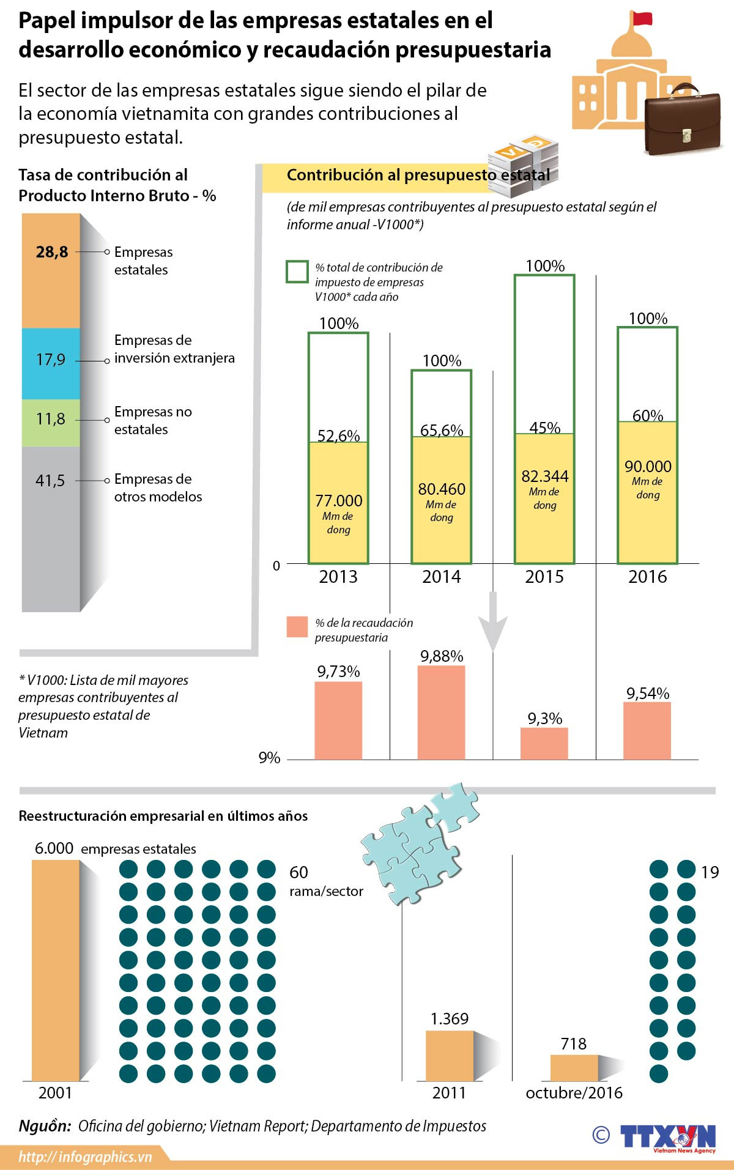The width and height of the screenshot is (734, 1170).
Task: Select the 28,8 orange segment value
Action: click(52, 252)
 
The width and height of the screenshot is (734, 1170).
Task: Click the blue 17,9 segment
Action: click(51, 363)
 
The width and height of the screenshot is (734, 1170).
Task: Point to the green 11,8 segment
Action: click(51, 422)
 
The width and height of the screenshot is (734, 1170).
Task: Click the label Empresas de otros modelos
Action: click(158, 487)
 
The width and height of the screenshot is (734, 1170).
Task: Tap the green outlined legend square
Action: click(297, 272)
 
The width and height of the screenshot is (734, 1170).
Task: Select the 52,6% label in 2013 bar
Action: click(338, 435)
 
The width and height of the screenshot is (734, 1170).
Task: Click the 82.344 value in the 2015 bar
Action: click(544, 476)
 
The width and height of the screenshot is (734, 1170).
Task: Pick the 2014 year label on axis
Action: click(441, 577)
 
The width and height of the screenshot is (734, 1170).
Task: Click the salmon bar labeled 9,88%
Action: click(441, 713)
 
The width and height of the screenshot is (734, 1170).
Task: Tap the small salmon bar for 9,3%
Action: click(544, 743)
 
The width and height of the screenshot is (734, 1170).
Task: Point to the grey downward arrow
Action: click(492, 624)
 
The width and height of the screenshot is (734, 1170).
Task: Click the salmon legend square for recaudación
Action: click(297, 628)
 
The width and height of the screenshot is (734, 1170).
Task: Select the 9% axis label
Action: click(269, 758)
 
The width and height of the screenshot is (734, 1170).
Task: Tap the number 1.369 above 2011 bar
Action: click(450, 1018)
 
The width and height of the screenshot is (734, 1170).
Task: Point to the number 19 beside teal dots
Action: click(710, 872)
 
